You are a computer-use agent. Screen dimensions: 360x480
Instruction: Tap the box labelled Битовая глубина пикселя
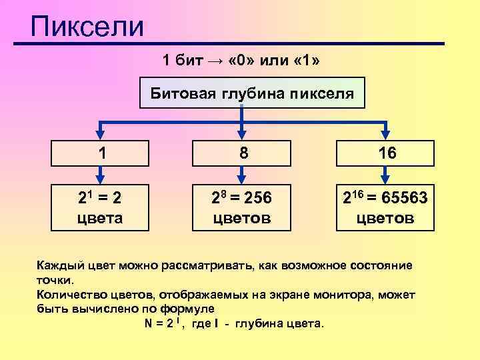click(x=251, y=94)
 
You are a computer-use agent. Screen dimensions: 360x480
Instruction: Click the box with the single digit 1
click(x=101, y=153)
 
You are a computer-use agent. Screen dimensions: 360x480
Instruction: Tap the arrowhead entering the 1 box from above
click(x=101, y=134)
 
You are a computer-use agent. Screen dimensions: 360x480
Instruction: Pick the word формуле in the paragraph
click(x=189, y=309)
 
